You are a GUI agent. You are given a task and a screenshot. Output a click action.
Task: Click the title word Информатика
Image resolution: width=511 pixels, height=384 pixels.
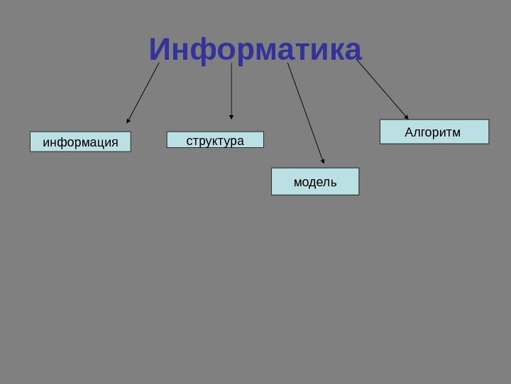pos(255,50)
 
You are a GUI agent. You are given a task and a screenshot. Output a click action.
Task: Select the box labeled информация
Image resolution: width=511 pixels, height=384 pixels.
pos(80,142)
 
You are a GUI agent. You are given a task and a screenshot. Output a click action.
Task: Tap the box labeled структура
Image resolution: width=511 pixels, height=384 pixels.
pos(215,140)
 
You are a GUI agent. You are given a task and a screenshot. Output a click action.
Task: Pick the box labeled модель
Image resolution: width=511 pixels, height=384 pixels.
pos(315,181)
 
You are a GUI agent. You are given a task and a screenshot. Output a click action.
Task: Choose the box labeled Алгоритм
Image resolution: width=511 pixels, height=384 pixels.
pos(434,132)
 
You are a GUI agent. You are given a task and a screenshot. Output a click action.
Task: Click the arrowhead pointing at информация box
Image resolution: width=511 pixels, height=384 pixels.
pos(128,121)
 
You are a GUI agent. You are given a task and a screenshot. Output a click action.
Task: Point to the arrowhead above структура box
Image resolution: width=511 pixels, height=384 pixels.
pos(231,117)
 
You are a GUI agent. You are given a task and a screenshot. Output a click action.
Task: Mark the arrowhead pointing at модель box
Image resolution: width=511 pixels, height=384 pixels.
pos(323,161)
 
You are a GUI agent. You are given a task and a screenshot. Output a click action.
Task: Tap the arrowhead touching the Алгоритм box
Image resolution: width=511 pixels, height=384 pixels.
pos(406,117)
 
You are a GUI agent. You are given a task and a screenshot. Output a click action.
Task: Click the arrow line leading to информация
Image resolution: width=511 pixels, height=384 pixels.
pos(143,92)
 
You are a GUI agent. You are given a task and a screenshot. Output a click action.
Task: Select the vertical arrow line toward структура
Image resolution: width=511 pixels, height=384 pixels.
pos(231,89)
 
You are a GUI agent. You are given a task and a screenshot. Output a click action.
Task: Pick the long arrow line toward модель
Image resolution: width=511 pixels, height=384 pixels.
pos(305,112)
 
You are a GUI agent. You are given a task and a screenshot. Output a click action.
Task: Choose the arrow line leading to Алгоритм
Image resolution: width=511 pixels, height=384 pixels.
pos(381,88)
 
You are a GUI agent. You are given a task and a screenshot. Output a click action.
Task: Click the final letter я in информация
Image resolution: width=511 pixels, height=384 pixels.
pos(114,142)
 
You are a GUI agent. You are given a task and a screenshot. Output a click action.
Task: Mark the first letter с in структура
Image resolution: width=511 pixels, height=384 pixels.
pos(189,141)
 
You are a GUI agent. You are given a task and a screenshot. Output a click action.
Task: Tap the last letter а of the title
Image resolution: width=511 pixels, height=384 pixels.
pos(353,51)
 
